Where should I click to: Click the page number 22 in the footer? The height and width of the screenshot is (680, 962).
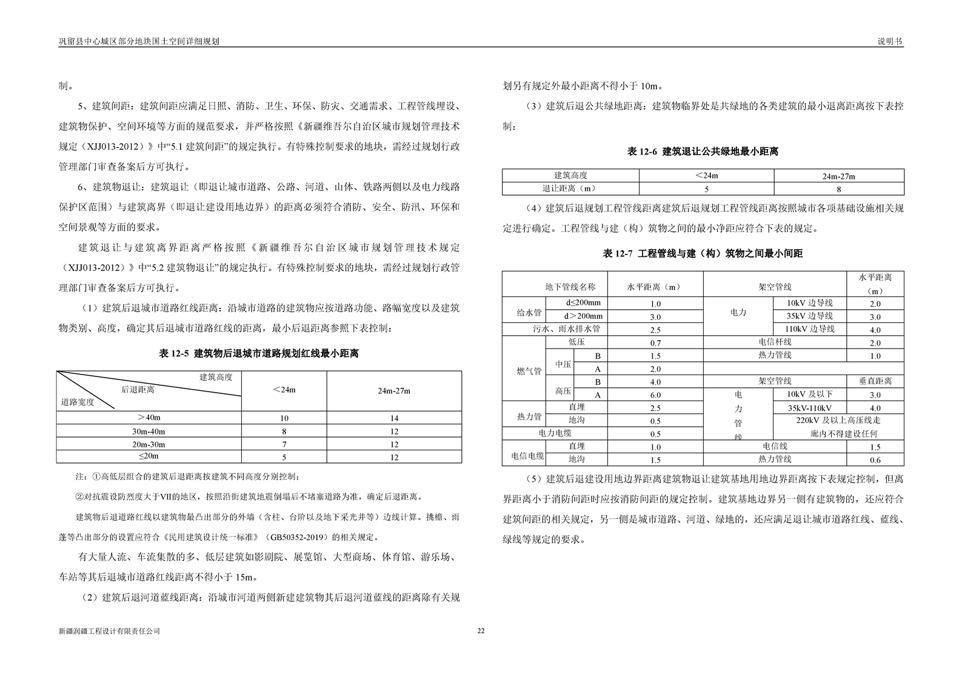pos(481,631)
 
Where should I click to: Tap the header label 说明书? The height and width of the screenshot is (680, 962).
pos(890,41)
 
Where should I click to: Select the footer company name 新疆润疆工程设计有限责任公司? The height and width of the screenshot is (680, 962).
pos(109,631)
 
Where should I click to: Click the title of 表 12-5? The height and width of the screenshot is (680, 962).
pos(259,353)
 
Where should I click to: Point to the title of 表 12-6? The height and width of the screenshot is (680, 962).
pos(703,152)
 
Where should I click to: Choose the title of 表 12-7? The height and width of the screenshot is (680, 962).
pos(703,254)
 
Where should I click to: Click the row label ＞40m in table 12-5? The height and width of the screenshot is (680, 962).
pos(149,418)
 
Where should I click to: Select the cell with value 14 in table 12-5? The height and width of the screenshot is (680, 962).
pos(394,418)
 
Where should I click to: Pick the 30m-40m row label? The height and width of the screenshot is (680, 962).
pos(149,431)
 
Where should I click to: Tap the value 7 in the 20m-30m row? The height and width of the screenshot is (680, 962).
pos(284,444)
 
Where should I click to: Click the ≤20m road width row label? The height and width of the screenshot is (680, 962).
pos(149,456)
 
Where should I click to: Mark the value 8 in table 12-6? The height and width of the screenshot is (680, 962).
pos(838,189)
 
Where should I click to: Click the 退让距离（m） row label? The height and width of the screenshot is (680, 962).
pos(570,189)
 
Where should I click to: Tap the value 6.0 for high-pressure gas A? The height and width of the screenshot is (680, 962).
pos(655,395)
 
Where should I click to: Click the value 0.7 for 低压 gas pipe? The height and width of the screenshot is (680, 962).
pos(655,343)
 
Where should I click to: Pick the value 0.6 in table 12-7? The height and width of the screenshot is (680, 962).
pos(875,460)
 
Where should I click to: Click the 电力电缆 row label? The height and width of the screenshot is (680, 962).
pos(555,434)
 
